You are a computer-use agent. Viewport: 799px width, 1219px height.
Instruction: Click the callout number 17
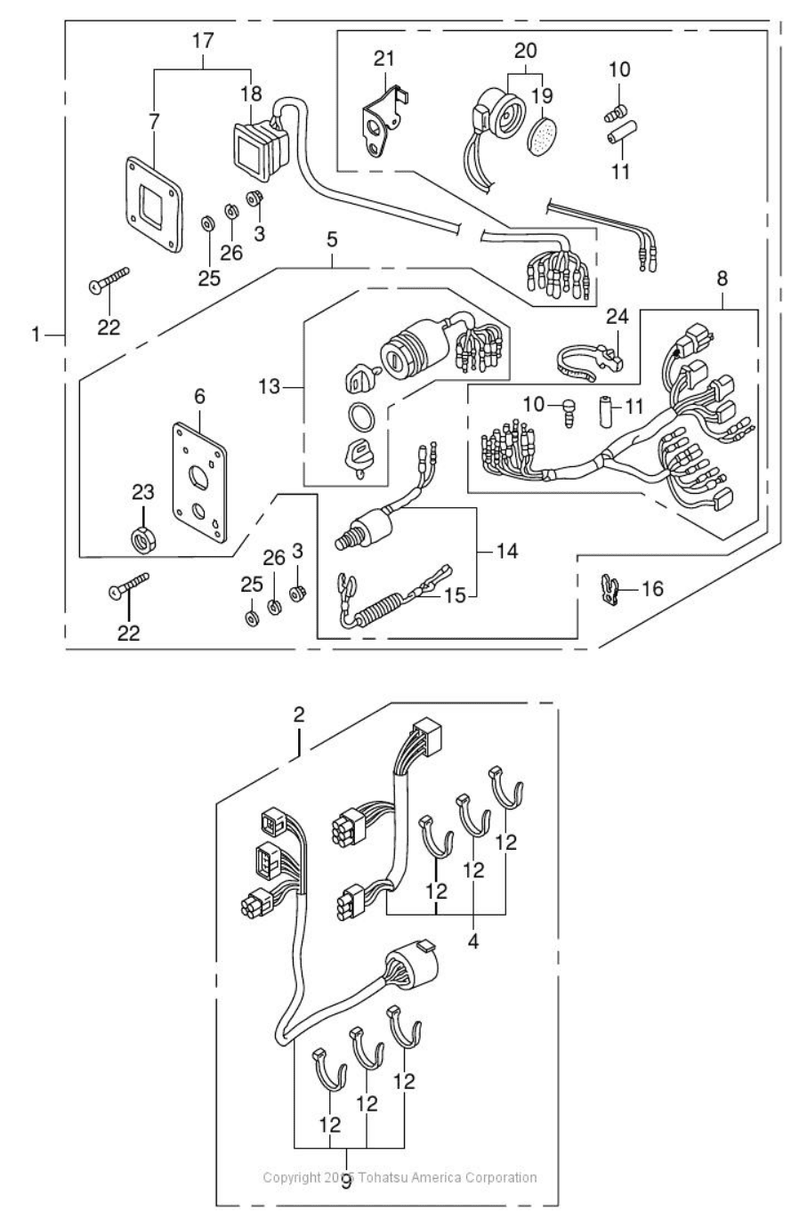tap(204, 40)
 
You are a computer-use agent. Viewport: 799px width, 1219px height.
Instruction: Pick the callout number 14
tap(506, 552)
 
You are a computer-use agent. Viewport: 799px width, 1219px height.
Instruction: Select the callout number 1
tap(36, 335)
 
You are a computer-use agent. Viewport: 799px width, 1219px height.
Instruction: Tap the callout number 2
tap(299, 714)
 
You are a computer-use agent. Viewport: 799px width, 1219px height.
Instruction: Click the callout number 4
tap(472, 940)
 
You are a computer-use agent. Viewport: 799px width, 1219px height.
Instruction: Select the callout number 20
tap(526, 49)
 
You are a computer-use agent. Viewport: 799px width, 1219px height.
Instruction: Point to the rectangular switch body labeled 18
tap(259, 145)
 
